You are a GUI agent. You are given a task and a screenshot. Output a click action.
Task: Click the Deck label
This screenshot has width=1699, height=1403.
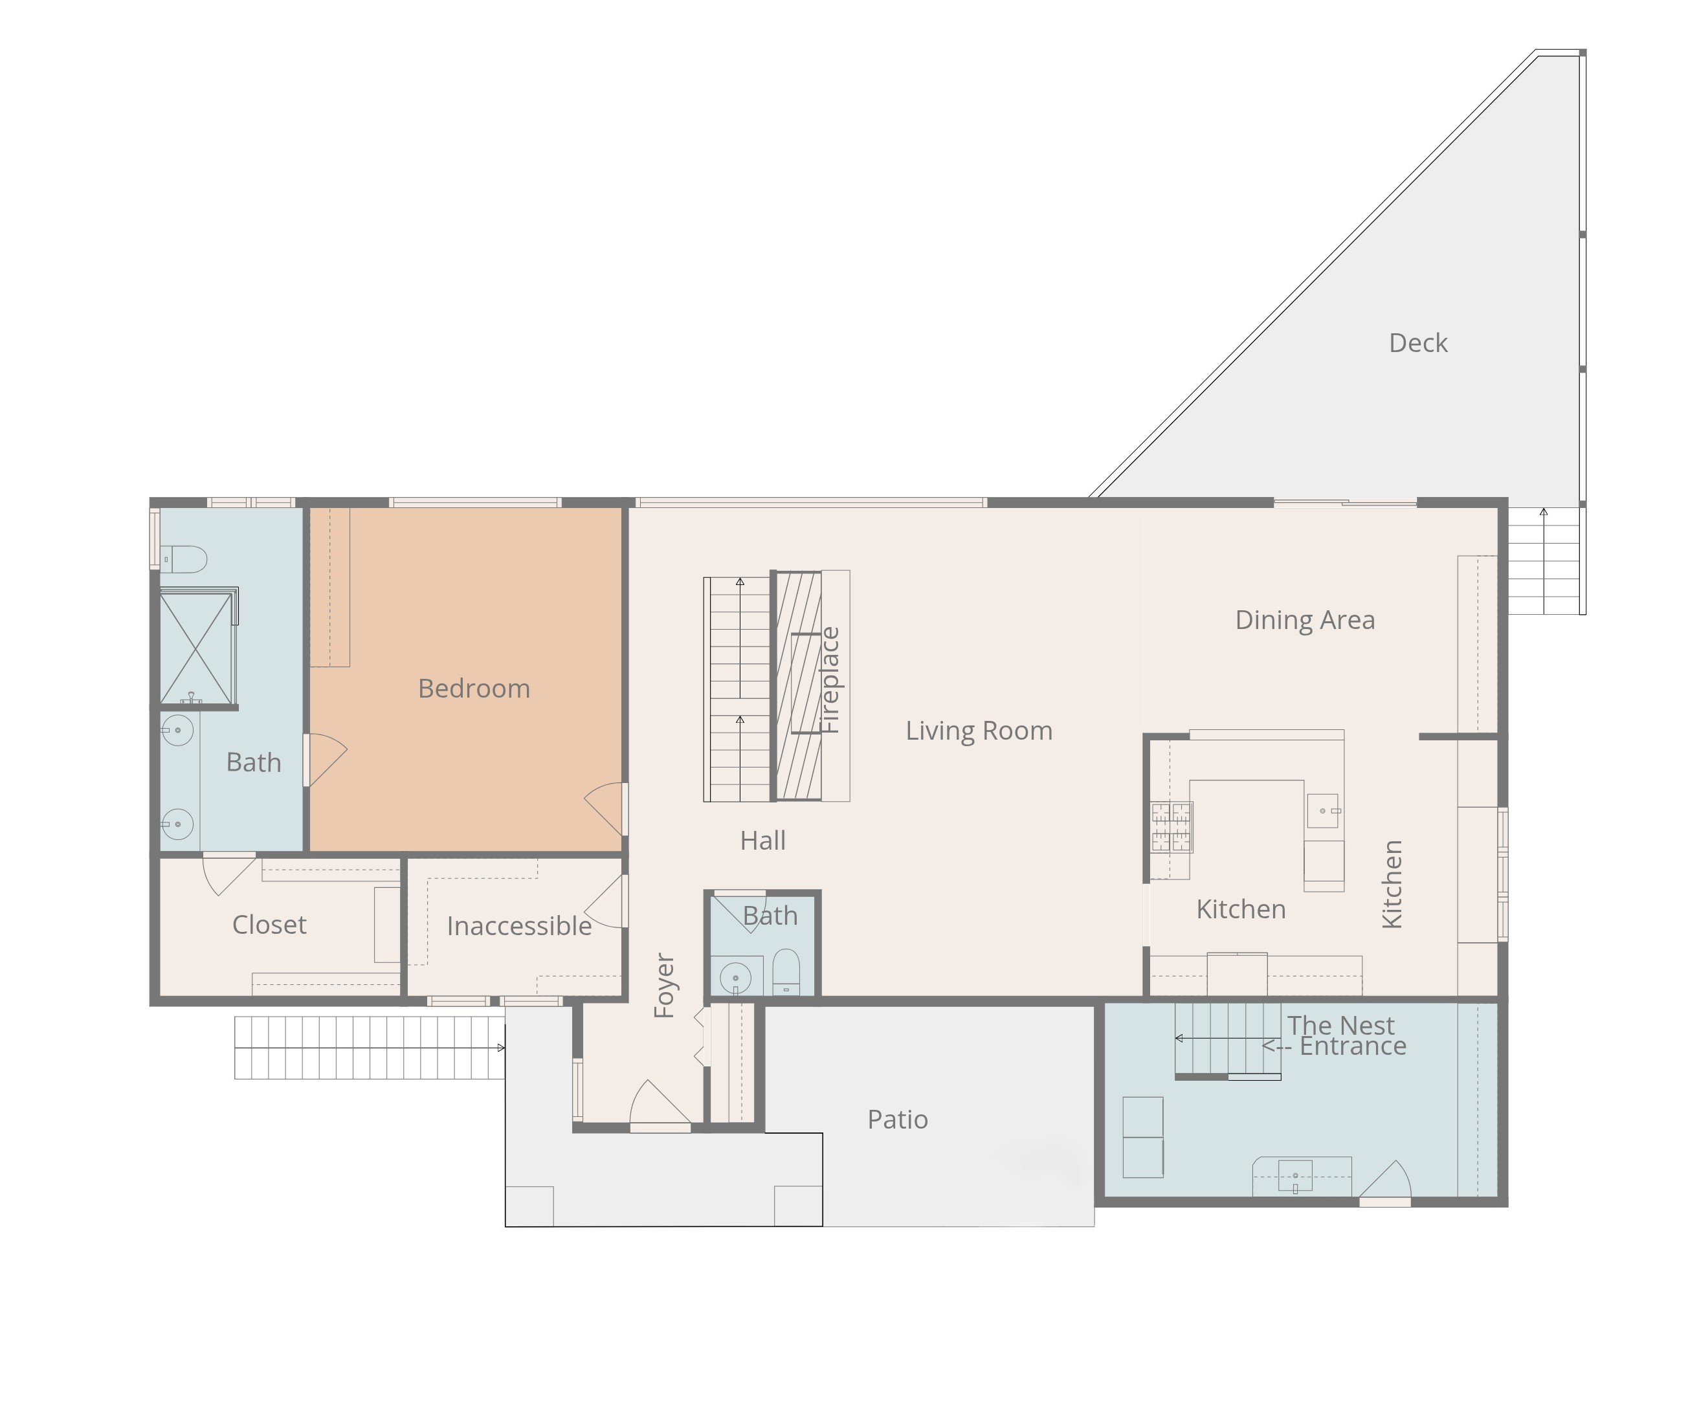pos(1417,343)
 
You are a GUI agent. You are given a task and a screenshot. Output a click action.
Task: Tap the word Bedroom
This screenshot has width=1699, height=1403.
pos(474,689)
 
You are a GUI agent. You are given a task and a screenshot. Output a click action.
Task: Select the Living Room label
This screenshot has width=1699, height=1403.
pos(978,731)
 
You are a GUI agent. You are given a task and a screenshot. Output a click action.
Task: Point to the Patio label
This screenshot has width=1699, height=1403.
pos(896,1120)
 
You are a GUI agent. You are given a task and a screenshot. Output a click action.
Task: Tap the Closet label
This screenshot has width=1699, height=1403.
pos(269,925)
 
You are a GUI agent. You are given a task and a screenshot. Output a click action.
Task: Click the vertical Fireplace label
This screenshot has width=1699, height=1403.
pos(830,681)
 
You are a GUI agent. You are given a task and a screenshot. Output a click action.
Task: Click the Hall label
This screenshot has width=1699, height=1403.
pos(762,841)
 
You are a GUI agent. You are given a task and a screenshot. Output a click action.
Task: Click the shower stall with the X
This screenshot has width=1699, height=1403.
pos(195,648)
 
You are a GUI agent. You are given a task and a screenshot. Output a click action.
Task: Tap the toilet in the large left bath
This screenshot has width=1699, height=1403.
pos(185,558)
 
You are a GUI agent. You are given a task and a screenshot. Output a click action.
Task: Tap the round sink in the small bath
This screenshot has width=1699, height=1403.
pos(735,978)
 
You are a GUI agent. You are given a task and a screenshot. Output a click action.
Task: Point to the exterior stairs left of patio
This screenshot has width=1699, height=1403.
pos(368,1048)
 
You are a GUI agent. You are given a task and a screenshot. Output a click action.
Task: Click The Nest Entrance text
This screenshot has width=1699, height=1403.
pos(1342,1035)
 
